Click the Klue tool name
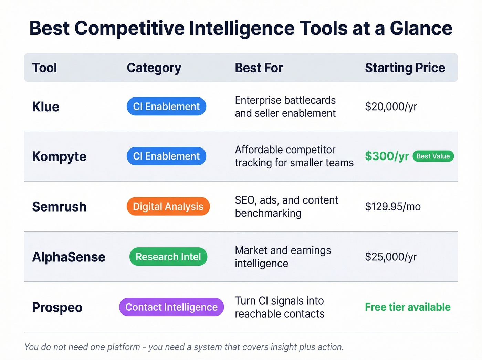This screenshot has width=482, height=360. pos(46,107)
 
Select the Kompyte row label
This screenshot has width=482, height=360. pos(59,156)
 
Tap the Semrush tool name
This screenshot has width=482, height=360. pos(59,207)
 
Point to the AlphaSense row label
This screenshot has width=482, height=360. pos(69,257)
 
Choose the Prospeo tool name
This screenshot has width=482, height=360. pos(57,307)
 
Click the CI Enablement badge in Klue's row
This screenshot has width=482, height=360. pos(166,106)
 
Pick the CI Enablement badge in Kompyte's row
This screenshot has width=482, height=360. pos(166,156)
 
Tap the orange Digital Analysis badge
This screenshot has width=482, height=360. pos(168,206)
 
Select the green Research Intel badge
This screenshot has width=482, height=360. pos(168,257)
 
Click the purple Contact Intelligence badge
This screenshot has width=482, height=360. pos(171,307)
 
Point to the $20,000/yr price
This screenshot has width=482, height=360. pos(391,107)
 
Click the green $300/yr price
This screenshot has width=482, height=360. pos(387,156)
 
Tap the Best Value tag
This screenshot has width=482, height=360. pos(433,156)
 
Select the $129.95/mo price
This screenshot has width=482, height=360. pos(393,207)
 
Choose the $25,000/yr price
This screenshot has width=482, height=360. pos(391,257)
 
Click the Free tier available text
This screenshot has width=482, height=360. pos(408,307)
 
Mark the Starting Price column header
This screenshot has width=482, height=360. pos(405,68)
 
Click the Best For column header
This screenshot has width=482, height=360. pos(259,68)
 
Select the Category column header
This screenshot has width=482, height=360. pos(154,68)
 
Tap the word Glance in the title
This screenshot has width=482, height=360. pos(421,28)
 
